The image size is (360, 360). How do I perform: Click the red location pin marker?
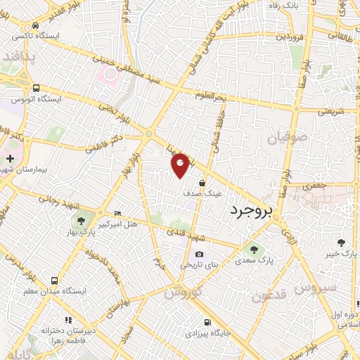[x=181, y=165]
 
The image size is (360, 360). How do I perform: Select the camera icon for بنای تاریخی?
[x=199, y=255]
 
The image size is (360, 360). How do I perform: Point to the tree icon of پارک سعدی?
[x=252, y=248]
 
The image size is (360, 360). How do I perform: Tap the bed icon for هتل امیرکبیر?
[x=117, y=213]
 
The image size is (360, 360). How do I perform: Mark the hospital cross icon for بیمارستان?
[x=10, y=159]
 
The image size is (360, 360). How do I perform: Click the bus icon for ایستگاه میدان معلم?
[x=63, y=280]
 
